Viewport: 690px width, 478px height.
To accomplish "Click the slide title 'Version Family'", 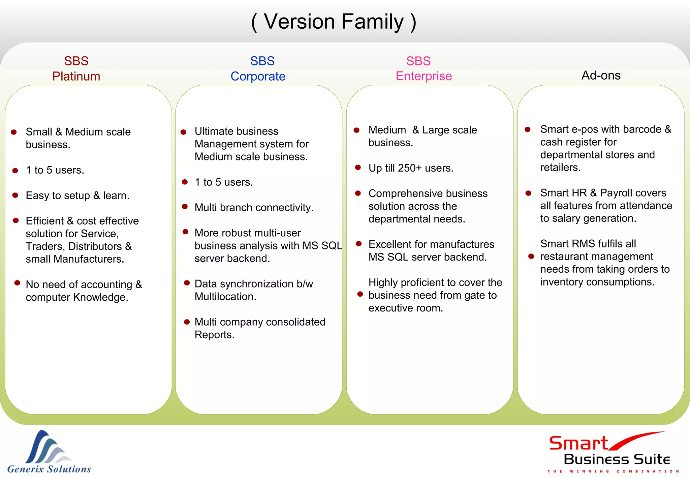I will click(334, 22).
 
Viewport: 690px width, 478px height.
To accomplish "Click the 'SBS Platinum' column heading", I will click(76, 69).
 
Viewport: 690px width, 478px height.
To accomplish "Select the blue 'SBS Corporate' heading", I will click(258, 69).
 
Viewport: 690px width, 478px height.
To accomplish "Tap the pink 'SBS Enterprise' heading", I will click(424, 69).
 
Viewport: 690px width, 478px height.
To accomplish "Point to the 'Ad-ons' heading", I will click(601, 76).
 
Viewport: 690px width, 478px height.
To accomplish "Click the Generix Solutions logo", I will click(49, 452).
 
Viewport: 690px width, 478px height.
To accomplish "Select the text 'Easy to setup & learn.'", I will click(77, 196).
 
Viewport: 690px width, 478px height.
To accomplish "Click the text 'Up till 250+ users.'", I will click(411, 168).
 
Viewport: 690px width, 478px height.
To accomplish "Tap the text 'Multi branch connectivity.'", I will click(254, 208).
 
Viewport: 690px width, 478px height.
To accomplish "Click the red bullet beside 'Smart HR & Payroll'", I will click(528, 193).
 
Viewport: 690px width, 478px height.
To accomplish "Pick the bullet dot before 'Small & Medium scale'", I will click(14, 132).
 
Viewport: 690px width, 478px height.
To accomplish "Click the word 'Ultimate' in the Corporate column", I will click(212, 131).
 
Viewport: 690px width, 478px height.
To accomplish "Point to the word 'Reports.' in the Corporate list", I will click(214, 335).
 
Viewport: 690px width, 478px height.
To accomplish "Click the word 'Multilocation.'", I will click(225, 297).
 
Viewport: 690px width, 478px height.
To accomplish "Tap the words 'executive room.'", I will click(406, 308).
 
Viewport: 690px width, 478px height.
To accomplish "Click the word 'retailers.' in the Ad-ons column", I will click(560, 168).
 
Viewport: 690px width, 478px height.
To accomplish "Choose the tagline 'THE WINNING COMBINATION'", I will click(613, 471).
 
